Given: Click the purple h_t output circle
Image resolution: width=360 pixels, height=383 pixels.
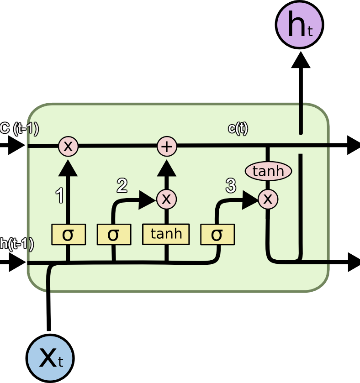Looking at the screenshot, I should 300,26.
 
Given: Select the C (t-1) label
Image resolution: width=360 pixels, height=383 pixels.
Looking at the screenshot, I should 19,129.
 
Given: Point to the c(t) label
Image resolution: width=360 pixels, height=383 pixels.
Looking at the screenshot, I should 238,129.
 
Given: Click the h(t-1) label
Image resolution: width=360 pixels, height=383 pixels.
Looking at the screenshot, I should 17,244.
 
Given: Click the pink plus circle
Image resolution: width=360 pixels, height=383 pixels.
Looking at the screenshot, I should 167,147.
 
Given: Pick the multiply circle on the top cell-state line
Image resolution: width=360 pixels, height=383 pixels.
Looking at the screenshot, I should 68,147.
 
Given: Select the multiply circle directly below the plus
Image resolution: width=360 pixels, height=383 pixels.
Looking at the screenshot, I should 167,199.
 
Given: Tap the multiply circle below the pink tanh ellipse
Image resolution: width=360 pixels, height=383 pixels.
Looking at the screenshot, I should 268,199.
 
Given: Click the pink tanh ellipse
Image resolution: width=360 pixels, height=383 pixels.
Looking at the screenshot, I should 268,172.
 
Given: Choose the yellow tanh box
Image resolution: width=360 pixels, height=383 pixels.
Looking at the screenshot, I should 166,234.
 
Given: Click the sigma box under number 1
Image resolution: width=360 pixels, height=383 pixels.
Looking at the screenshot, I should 68,235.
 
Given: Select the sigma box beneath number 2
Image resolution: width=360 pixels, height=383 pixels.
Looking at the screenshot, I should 114,235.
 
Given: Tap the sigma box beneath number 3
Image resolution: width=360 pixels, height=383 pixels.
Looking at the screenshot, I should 217,235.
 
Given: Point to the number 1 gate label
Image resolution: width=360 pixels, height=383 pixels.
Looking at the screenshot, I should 59,195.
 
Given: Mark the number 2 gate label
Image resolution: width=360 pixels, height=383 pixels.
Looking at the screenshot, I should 122,185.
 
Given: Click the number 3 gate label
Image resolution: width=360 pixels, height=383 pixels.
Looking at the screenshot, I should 231,185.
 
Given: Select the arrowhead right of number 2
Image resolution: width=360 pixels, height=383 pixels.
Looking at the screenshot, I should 148,199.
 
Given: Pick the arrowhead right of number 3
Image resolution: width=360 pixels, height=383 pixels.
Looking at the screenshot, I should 250,199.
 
